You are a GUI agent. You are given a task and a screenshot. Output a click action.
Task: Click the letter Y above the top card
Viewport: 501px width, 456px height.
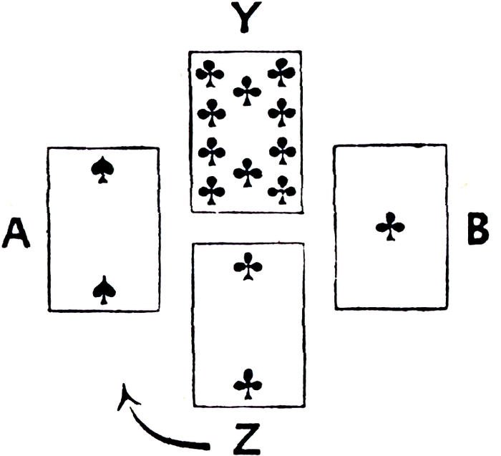(245, 19)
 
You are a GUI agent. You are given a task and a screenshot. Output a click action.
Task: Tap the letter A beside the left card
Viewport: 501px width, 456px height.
(17, 233)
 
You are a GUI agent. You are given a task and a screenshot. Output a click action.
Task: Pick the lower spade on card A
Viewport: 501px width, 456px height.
(104, 289)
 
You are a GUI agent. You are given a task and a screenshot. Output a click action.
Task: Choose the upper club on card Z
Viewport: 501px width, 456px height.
(248, 268)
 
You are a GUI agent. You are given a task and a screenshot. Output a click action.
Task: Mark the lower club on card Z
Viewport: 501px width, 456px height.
(248, 383)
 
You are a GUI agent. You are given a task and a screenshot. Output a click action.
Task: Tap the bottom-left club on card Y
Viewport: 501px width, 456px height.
(211, 190)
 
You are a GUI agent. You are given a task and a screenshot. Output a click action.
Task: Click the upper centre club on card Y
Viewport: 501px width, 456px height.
(248, 90)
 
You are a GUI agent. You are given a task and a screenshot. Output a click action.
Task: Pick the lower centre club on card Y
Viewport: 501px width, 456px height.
(248, 172)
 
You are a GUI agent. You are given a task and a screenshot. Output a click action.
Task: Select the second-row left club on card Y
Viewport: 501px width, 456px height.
(211, 112)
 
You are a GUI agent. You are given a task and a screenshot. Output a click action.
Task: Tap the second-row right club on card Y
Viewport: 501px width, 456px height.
(282, 112)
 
